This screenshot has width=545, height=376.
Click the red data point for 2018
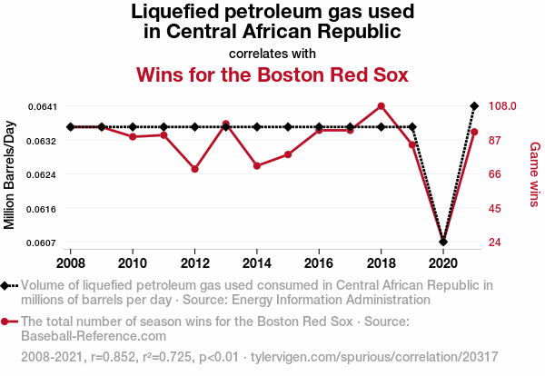pos(381,106)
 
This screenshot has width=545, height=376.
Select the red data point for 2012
pos(194,169)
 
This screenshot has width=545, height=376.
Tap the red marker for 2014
pos(257,166)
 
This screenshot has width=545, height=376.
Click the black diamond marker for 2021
pos(474,106)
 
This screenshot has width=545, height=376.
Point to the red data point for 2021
pos(474,132)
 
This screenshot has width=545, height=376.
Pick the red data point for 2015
pos(288,154)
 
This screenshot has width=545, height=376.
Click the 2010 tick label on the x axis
pos(133,262)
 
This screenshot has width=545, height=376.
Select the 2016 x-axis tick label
pos(319,262)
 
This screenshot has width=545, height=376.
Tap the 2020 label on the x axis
pos(443,262)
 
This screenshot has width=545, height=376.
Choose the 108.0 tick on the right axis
pos(502,106)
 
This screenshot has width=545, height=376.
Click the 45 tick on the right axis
pos(495,208)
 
